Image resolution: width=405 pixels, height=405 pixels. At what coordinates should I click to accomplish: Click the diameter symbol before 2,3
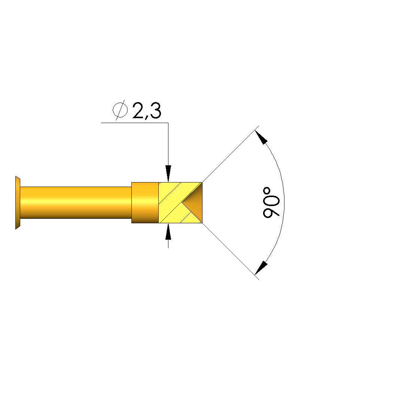120,110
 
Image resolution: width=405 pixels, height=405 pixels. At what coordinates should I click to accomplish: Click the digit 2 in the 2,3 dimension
138,111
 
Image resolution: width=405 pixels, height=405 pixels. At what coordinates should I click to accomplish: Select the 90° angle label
271,203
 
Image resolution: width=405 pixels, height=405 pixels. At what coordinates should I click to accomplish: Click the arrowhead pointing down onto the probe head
168,174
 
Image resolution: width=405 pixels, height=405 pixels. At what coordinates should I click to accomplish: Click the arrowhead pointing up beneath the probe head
168,232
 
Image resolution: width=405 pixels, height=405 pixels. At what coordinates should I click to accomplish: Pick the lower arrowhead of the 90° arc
261,268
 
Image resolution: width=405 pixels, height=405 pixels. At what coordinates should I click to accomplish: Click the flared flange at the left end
18,203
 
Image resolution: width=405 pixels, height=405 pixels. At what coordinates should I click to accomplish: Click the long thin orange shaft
76,203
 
